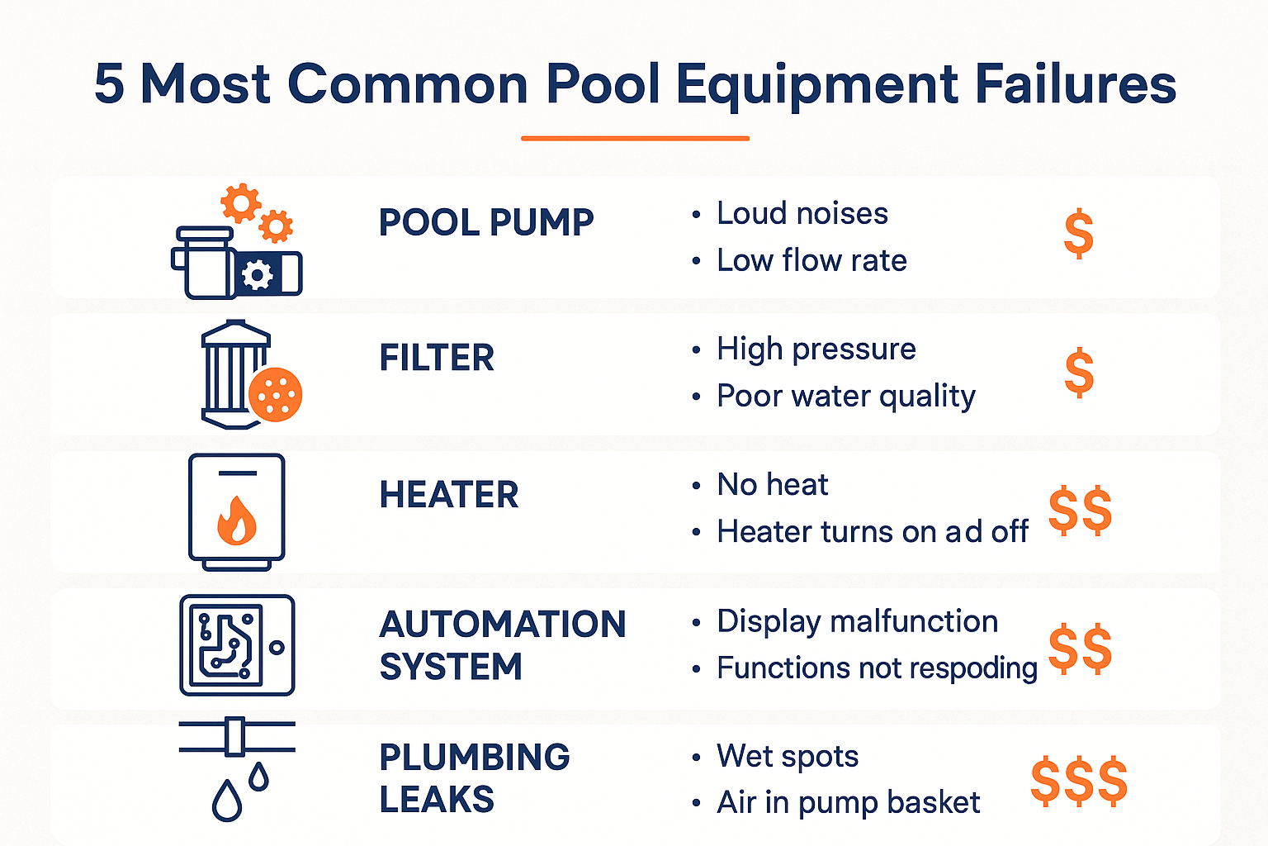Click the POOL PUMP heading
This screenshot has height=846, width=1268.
point(486,222)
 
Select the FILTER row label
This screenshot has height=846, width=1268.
point(437,358)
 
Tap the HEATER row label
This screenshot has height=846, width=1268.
point(449,495)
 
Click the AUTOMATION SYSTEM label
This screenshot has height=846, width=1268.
point(502,645)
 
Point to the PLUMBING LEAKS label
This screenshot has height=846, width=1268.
point(474,778)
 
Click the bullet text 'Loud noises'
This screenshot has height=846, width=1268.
point(802,213)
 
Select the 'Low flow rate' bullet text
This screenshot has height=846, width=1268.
point(811,260)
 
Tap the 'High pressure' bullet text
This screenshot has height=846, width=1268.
point(816,349)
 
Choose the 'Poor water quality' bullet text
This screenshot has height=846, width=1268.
point(845,396)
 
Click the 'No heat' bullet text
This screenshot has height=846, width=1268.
point(772,484)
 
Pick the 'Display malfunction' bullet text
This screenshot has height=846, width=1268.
point(857,621)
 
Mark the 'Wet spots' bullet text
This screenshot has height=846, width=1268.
point(787,756)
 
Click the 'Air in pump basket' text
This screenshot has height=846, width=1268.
point(848,802)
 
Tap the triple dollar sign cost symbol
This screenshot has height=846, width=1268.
point(1078,781)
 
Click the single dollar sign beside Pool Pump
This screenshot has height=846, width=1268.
point(1078,234)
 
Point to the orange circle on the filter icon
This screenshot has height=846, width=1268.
point(275,394)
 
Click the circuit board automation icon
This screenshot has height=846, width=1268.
point(237,645)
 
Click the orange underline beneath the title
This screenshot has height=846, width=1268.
point(635,138)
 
